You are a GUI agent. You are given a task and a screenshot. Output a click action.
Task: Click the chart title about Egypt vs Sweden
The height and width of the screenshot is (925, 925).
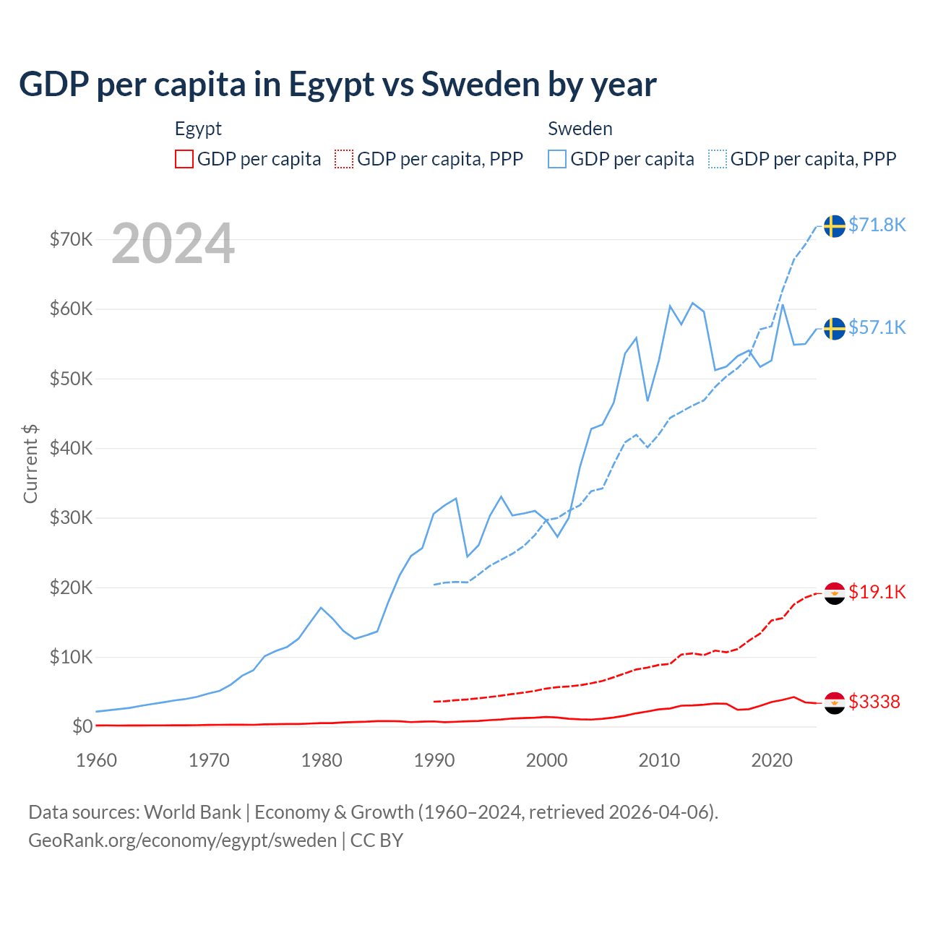[337, 85]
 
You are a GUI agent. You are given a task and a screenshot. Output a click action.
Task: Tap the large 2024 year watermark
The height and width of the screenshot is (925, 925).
[173, 244]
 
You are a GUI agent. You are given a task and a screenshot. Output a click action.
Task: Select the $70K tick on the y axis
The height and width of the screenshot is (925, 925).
[71, 239]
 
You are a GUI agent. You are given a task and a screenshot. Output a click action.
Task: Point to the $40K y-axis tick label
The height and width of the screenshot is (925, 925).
[71, 448]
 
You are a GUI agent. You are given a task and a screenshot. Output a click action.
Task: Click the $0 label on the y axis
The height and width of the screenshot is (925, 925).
[82, 726]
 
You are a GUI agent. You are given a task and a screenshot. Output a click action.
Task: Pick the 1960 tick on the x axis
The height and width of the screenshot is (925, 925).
[96, 760]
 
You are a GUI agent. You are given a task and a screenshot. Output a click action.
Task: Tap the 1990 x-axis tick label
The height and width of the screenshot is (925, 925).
[434, 760]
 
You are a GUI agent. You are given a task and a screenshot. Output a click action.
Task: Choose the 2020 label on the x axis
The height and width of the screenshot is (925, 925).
[772, 760]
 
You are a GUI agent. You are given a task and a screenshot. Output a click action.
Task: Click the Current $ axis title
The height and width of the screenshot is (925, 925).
[30, 463]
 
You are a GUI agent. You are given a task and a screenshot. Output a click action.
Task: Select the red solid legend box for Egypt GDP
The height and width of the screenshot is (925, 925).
[184, 159]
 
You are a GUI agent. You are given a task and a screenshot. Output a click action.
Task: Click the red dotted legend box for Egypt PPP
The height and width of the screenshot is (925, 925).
[344, 159]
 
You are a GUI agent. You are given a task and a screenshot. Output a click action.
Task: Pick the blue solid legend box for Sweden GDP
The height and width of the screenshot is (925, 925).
[557, 159]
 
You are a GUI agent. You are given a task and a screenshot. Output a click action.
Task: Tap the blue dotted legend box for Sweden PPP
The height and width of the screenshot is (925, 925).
[718, 159]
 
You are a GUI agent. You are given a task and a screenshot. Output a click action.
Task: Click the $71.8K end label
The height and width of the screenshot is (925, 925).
[877, 225]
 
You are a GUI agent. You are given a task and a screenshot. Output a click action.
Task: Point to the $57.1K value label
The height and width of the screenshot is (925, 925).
[877, 327]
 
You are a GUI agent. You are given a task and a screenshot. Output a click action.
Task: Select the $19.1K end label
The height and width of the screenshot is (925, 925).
[877, 592]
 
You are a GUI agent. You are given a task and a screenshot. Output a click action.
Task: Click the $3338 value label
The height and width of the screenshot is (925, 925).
[874, 702]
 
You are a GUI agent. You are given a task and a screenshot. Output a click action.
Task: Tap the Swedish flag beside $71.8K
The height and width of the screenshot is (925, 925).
[835, 225]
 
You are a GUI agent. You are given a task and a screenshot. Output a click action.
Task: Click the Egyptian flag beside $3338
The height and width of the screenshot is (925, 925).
[835, 702]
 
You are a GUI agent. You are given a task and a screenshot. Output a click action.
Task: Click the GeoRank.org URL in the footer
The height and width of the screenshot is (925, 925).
[182, 840]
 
